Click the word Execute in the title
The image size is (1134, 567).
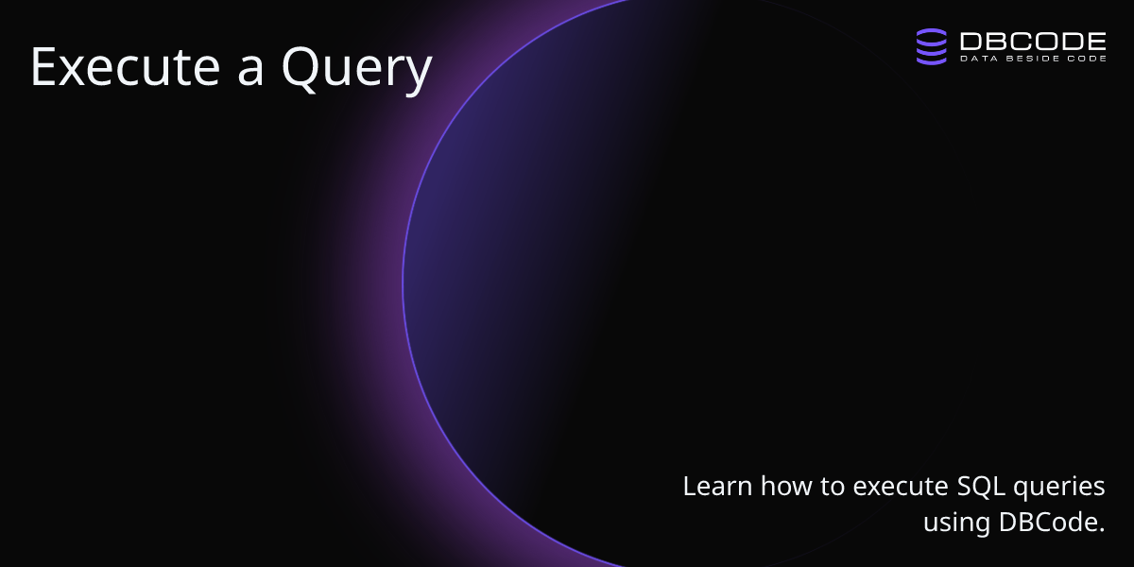[126, 67]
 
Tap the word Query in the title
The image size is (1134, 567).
[357, 71]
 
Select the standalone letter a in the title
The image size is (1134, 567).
[250, 72]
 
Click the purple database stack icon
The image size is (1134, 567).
[932, 46]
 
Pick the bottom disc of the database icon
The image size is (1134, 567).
[932, 59]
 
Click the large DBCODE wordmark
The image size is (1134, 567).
[1033, 41]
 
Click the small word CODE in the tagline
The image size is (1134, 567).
[1087, 59]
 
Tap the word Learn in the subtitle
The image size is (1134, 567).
[718, 486]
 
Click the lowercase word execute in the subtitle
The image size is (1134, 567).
[901, 487]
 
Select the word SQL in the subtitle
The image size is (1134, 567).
[981, 487]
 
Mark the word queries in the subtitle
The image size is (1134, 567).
[1059, 488]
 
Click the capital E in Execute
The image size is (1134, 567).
[43, 67]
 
